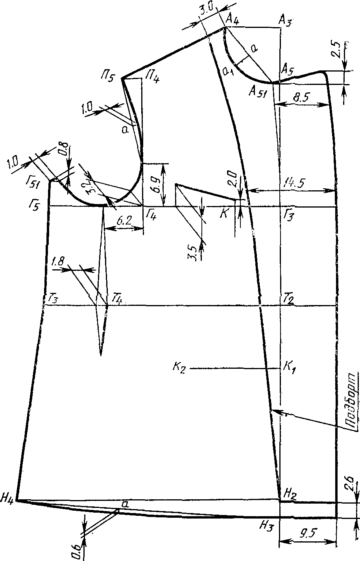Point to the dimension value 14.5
click(x=293, y=183)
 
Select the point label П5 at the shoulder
click(x=108, y=77)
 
